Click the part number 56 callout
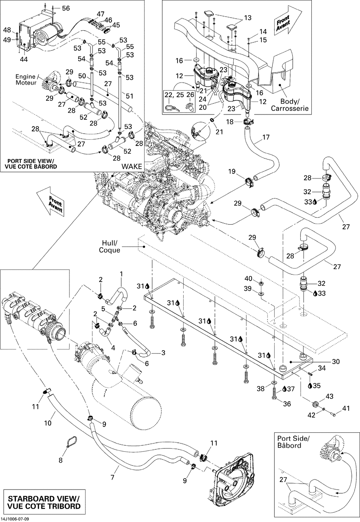[66, 8]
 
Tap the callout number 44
[24, 59]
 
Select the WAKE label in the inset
[131, 166]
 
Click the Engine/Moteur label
[26, 80]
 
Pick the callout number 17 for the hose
[266, 137]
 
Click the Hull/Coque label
[109, 247]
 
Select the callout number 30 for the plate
[335, 361]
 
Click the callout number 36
[287, 404]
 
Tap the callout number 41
[346, 408]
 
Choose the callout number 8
[60, 460]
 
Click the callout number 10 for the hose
[48, 423]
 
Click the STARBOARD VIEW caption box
[44, 502]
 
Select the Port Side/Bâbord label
[293, 442]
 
